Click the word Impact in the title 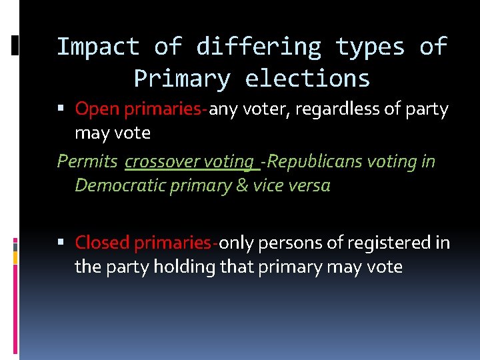pyautogui.click(x=97, y=47)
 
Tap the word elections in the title pyautogui.click(x=307, y=79)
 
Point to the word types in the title pyautogui.click(x=370, y=47)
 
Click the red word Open pyautogui.click(x=97, y=109)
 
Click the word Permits pyautogui.click(x=88, y=161)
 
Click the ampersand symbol pyautogui.click(x=242, y=185)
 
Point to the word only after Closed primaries pyautogui.click(x=236, y=243)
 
